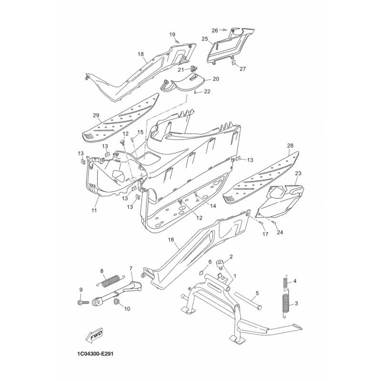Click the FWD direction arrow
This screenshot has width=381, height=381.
97,335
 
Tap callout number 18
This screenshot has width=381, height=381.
141,54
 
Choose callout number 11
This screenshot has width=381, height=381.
94,210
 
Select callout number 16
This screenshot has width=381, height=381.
170,241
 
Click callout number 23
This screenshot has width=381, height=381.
298,173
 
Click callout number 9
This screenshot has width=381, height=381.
80,290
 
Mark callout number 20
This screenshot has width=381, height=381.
215,79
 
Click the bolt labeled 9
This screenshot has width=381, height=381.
81,302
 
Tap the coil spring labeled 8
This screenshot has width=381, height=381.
111,279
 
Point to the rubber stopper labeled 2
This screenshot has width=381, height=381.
221,263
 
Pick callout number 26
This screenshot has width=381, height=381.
214,30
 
